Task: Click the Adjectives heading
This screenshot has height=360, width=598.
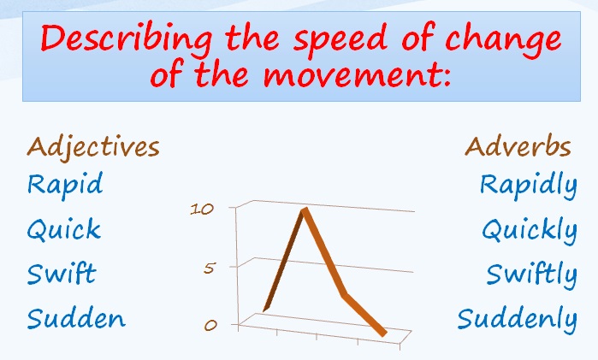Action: (93, 147)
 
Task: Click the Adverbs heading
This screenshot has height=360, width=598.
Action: (518, 146)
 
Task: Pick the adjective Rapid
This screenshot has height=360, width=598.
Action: (65, 185)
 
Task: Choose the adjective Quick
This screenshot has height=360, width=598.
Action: (64, 229)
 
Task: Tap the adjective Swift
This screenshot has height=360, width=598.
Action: (62, 273)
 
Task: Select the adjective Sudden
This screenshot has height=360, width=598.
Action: (76, 318)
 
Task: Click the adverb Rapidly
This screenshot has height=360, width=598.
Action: (529, 186)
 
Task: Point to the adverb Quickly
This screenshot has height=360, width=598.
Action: (530, 231)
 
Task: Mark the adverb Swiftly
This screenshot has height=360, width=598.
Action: (532, 274)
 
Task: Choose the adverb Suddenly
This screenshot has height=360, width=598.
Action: (518, 321)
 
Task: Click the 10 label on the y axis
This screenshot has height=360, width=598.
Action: (202, 209)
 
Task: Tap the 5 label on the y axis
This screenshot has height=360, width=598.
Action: (209, 269)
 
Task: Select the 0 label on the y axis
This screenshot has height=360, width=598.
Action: (210, 325)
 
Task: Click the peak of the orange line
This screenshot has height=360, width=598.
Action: (305, 209)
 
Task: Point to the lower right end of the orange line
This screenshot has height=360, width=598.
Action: (383, 334)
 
